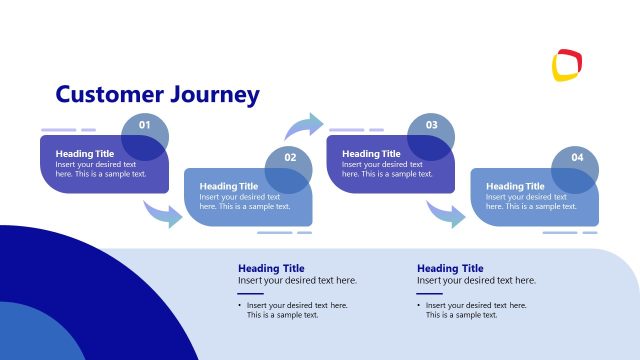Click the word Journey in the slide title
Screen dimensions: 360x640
point(213,96)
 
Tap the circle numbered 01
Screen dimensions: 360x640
point(145,126)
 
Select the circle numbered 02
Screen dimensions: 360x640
point(289,158)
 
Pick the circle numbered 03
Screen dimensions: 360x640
point(432,126)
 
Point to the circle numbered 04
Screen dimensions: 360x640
point(576,158)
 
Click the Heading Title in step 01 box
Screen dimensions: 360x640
point(85,154)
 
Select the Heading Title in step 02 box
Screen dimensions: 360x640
point(229,186)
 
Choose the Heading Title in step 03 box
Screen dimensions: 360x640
point(372,154)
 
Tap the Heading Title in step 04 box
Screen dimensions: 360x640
point(515,186)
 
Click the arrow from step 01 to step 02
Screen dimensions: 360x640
point(163,213)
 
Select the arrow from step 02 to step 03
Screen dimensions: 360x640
point(304,126)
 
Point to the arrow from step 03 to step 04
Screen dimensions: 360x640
point(446,213)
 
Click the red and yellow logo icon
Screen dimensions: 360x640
point(567,65)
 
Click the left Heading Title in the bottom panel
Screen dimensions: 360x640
point(271,268)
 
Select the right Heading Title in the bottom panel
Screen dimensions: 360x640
point(450,268)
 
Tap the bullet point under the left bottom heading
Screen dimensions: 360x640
point(240,305)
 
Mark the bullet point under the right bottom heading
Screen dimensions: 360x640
point(419,305)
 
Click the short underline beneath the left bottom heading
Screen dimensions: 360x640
point(250,293)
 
